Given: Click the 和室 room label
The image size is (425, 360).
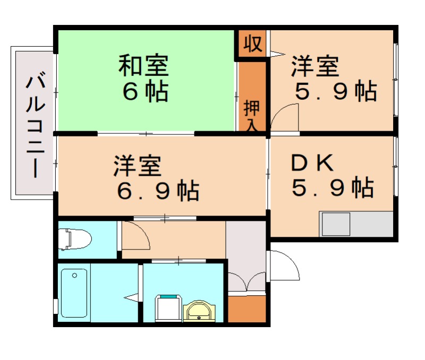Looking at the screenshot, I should pos(143,67).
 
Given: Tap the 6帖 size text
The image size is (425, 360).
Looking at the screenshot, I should pos(145,91).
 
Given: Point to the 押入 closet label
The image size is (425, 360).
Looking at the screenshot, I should pos(252,115).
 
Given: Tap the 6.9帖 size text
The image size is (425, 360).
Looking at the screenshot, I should pos(158,190).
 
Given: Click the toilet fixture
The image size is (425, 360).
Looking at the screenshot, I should pos(74,238).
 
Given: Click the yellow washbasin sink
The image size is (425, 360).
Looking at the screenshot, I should pos(199,311).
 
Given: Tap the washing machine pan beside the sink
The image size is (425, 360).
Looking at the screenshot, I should pos(168,308).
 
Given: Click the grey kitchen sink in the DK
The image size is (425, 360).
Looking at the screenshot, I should pos(335,224).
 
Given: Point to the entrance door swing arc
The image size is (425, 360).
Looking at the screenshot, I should pos(285,265).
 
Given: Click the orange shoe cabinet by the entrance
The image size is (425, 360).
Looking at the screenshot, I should pos(246,308).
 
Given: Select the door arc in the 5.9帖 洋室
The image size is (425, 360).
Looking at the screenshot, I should pos(286,116).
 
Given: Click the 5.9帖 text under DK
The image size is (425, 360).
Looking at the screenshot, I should pos(332,187).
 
